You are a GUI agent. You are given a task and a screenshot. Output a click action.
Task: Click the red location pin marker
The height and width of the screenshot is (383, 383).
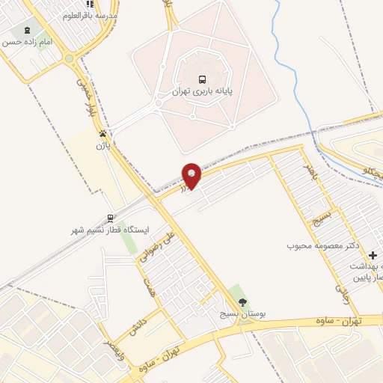pos(192,175)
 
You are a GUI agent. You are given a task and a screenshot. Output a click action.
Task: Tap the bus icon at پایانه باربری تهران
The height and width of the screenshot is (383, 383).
pos(202,79)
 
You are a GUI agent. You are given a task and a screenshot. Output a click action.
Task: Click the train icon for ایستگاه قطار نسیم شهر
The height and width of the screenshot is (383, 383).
pos(111,218)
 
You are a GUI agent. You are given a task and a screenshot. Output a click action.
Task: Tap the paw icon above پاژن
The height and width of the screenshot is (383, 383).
pos(102,134)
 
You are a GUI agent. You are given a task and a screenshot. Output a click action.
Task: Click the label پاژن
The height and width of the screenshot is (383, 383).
pos(102,146)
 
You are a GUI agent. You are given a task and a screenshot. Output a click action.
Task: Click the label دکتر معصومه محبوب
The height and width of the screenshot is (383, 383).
pos(324,245)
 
